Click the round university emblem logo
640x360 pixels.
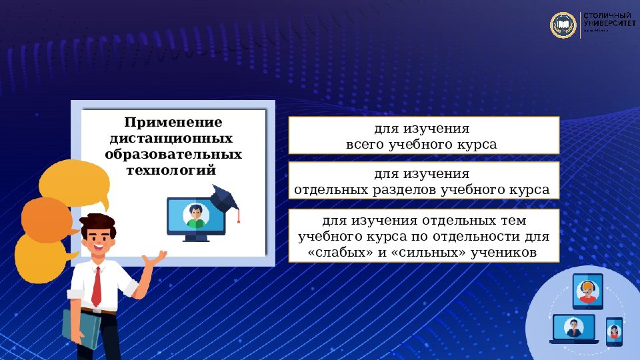[x=563, y=25]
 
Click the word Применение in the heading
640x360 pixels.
[x=173, y=123]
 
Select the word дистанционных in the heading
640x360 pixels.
[x=171, y=139]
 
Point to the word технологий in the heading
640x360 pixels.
[x=171, y=170]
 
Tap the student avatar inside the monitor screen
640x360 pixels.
[x=195, y=215]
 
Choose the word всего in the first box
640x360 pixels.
[x=365, y=144]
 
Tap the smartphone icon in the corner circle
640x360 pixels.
[x=614, y=331]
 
